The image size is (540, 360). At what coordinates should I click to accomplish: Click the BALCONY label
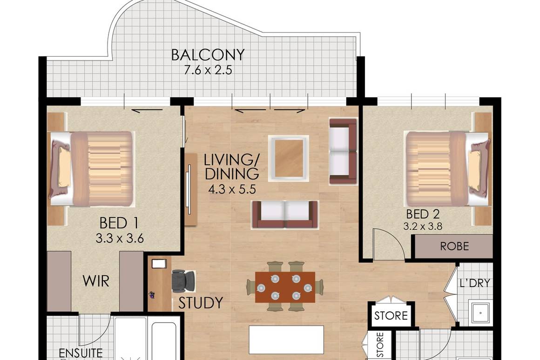click(x=208, y=55)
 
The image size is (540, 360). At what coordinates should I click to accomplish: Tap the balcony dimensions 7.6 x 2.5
click(x=208, y=71)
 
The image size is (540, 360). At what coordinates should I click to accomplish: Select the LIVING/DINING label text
click(x=231, y=167)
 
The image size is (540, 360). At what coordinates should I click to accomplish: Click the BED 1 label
click(x=119, y=223)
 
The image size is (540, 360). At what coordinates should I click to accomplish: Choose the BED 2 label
click(x=423, y=214)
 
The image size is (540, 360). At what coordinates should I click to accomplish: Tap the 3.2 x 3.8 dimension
click(x=423, y=227)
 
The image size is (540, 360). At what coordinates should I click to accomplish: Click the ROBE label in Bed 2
click(x=454, y=247)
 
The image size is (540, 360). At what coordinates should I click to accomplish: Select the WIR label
click(x=95, y=281)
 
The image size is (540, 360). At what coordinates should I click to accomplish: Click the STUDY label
click(x=201, y=303)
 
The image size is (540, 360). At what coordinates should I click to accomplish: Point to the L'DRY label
click(x=475, y=283)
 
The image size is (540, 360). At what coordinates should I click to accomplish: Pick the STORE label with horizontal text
click(x=391, y=316)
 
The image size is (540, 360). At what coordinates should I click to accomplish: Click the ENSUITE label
click(x=81, y=353)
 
